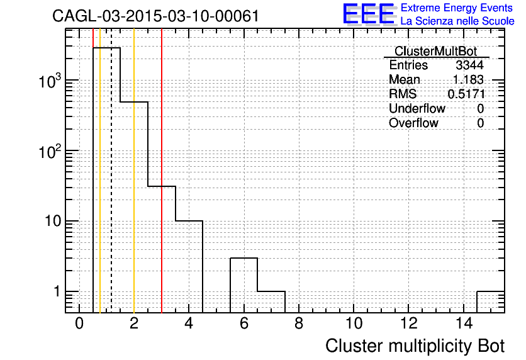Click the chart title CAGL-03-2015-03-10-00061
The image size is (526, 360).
click(155, 16)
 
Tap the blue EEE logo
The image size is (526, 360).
click(369, 14)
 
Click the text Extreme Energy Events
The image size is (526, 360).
click(457, 8)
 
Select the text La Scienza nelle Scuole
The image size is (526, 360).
click(457, 21)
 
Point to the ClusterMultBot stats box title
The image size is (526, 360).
click(435, 52)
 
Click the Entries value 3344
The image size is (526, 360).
click(469, 65)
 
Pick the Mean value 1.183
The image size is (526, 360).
click(468, 79)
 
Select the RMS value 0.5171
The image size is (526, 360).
click(466, 94)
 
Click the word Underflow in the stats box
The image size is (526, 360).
click(417, 108)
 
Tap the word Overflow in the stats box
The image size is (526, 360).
click(413, 123)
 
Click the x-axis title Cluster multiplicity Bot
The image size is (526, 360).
click(415, 346)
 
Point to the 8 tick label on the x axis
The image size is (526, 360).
click(299, 323)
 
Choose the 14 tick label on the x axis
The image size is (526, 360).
click(464, 323)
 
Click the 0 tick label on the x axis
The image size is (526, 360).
click(79, 323)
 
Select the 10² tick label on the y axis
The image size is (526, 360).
click(50, 152)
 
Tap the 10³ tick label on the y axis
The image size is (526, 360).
click(50, 81)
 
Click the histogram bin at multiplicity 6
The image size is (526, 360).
click(244, 285)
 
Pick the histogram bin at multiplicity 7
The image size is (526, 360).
click(271, 302)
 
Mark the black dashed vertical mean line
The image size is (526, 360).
click(111, 171)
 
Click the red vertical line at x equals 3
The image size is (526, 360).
click(162, 171)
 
